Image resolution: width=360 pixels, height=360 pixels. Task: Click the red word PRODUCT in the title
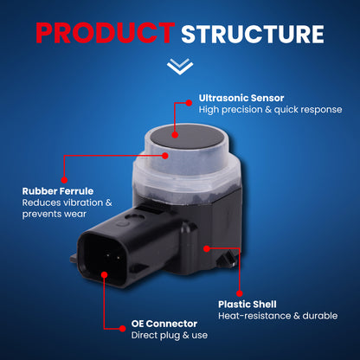(106, 33)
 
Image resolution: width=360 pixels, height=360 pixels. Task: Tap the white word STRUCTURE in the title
(253, 34)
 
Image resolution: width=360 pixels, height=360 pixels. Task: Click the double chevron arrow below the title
(180, 67)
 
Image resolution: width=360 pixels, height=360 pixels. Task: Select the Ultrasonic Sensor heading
(241, 98)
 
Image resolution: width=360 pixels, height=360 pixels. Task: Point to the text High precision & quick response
(270, 110)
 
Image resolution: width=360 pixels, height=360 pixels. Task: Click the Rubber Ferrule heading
(58, 191)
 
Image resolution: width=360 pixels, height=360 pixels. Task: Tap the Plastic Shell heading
(247, 305)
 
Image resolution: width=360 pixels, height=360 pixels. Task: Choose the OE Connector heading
(164, 324)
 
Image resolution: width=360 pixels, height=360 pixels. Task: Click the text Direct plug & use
(170, 335)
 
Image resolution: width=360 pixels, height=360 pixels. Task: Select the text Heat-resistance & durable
(278, 316)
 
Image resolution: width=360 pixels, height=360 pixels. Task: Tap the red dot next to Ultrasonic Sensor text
(189, 103)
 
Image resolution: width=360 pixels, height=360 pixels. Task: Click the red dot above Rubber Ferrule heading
(64, 180)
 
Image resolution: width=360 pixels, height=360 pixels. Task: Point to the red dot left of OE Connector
(123, 328)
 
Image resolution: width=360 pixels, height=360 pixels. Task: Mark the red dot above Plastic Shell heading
(240, 293)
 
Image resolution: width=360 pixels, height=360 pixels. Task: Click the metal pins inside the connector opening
(113, 256)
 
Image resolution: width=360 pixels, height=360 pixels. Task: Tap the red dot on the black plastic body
(207, 248)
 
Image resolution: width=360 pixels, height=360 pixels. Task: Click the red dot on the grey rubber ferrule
(165, 156)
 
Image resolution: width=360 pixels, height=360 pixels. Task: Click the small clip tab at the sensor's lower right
(226, 259)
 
